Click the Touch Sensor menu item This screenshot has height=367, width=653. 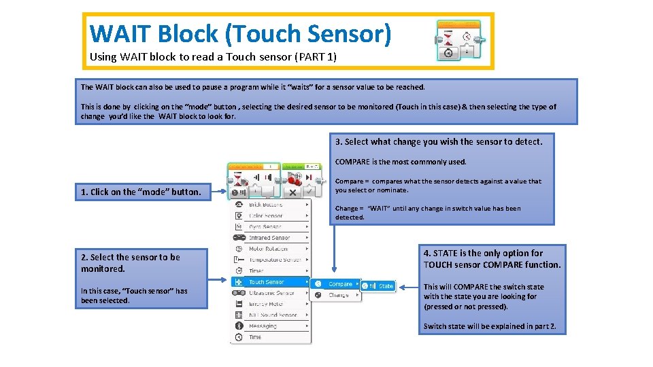[266, 282]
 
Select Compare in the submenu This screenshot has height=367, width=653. [340, 284]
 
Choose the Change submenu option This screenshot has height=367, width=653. [338, 296]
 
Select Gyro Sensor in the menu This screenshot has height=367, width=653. [265, 227]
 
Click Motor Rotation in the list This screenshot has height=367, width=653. [268, 249]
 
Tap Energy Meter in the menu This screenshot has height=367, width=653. [266, 304]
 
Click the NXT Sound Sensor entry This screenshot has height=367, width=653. [272, 315]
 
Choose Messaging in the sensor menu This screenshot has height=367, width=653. [263, 326]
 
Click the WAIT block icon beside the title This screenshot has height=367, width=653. [458, 41]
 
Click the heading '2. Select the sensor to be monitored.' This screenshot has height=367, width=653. [131, 262]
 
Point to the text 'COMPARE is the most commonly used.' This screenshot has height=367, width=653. [401, 162]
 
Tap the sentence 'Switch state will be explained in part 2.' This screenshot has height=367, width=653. [490, 326]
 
